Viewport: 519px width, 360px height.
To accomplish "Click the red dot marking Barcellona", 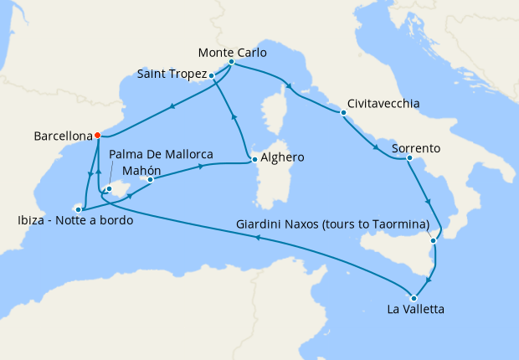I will pyautogui.click(x=98, y=135).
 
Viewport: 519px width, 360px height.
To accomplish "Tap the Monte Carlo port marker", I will pyautogui.click(x=231, y=63).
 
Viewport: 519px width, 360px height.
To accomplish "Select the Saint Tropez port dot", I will pyautogui.click(x=212, y=75).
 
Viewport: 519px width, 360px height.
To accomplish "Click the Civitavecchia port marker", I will pyautogui.click(x=343, y=112).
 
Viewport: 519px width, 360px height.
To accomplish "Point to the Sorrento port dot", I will pyautogui.click(x=409, y=158).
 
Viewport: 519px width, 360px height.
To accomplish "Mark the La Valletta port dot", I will pyautogui.click(x=413, y=297).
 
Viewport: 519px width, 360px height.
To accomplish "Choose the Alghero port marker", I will pyautogui.click(x=254, y=157).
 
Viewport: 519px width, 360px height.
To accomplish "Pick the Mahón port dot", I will pyautogui.click(x=150, y=179).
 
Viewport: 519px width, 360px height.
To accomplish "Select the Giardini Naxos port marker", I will pyautogui.click(x=433, y=241).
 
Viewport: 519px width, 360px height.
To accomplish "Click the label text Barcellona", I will pyautogui.click(x=62, y=135).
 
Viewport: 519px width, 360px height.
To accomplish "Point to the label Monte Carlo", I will pyautogui.click(x=234, y=52).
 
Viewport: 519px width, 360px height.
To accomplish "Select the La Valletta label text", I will pyautogui.click(x=415, y=311).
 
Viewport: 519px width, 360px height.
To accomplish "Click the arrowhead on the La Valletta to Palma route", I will pyautogui.click(x=258, y=239).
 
